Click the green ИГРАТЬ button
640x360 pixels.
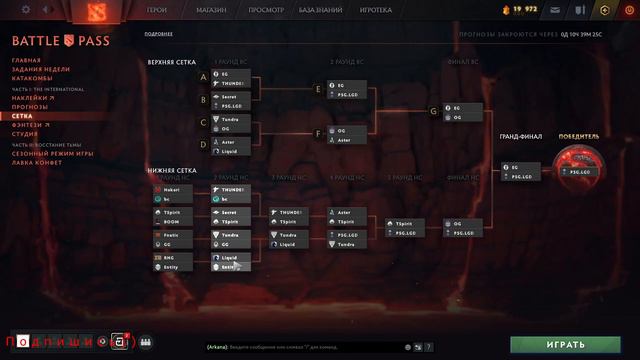pos(566,344)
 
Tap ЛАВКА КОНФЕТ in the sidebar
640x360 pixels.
pos(38,161)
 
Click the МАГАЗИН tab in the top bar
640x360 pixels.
pos(210,9)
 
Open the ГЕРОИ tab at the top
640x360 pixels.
pos(157,9)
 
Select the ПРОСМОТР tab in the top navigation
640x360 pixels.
pos(266,9)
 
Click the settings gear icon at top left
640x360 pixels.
pos(26,9)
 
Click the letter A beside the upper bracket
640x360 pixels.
pos(203,76)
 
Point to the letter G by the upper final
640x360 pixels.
pos(433,111)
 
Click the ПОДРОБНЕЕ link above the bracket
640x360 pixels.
pos(159,34)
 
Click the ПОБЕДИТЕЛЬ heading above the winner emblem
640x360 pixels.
pos(579,136)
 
